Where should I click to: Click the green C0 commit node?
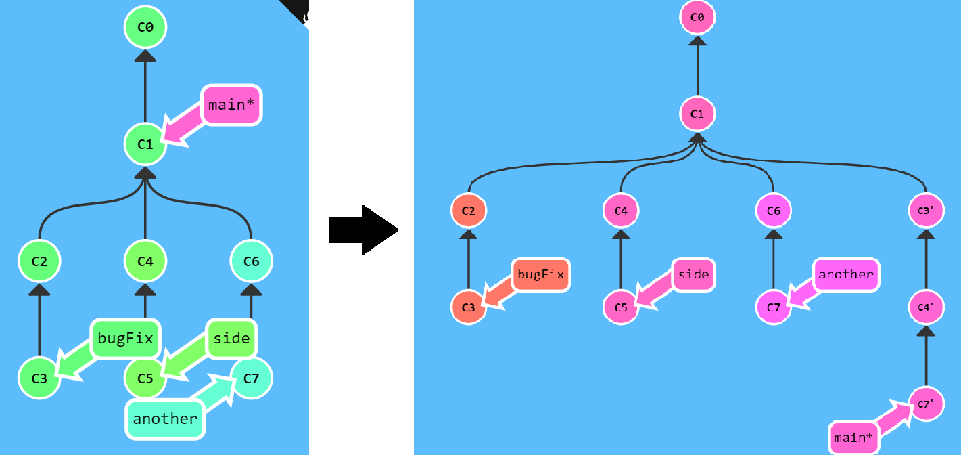tap(145, 28)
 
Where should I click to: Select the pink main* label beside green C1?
tap(231, 105)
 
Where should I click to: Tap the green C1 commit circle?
tap(145, 144)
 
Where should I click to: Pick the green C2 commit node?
tap(40, 260)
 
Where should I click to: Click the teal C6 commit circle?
tap(251, 260)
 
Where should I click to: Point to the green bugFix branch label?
tap(125, 339)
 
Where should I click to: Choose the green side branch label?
tap(232, 339)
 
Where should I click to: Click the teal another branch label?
tap(165, 418)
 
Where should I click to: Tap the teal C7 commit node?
tap(251, 377)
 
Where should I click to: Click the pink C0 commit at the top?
tap(697, 18)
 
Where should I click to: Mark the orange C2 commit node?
tap(469, 211)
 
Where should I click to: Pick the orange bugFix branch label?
tap(540, 274)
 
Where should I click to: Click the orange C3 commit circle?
tap(469, 307)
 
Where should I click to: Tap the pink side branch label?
tap(694, 274)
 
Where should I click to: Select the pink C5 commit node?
tap(621, 307)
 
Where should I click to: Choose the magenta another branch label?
tap(846, 274)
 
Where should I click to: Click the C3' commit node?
tap(926, 211)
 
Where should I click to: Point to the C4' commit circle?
tap(926, 307)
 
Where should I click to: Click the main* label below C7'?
tap(854, 437)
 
